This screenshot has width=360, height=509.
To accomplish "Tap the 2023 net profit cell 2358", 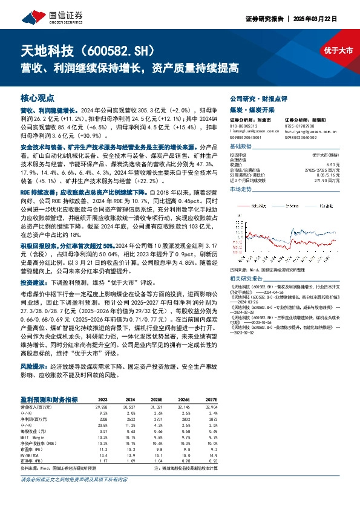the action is coord(103,417).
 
